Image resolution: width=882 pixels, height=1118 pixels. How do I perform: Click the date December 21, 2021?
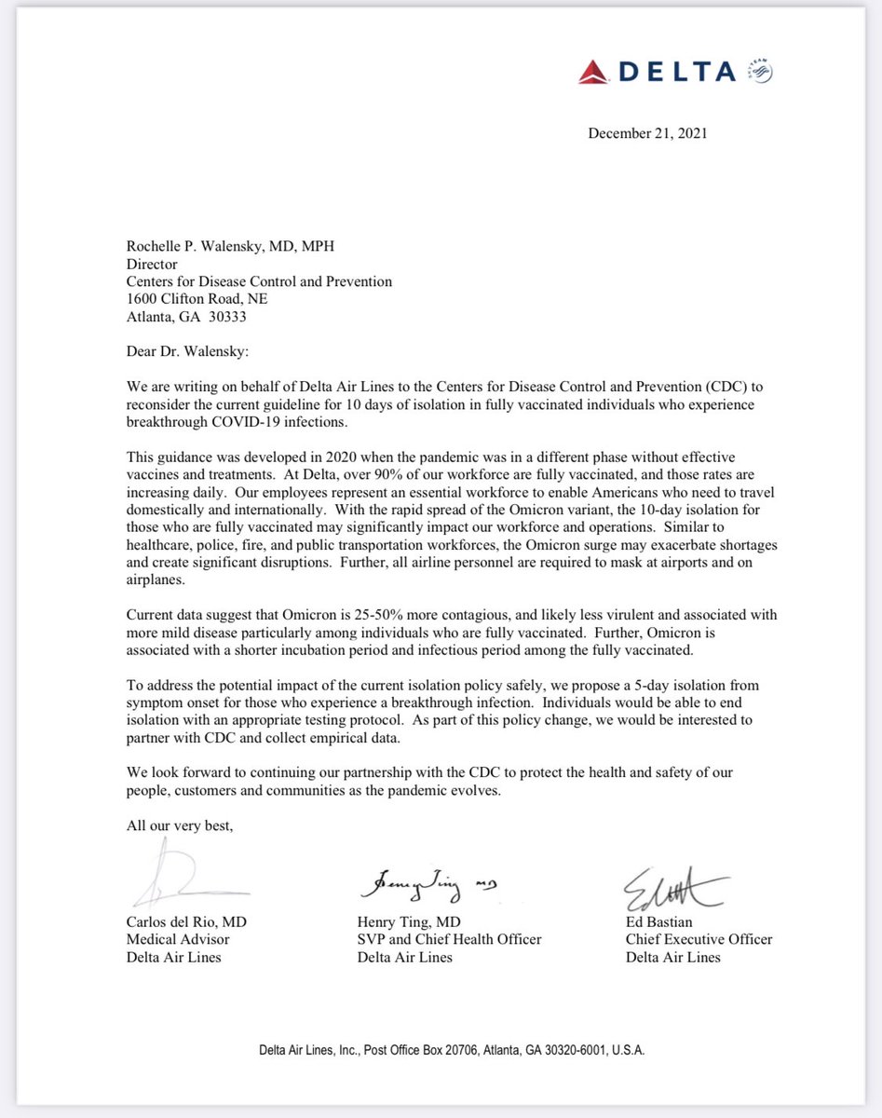tap(647, 133)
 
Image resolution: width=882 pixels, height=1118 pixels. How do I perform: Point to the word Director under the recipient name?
tap(153, 265)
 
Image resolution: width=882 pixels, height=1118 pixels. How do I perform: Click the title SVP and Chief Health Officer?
tap(449, 939)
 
